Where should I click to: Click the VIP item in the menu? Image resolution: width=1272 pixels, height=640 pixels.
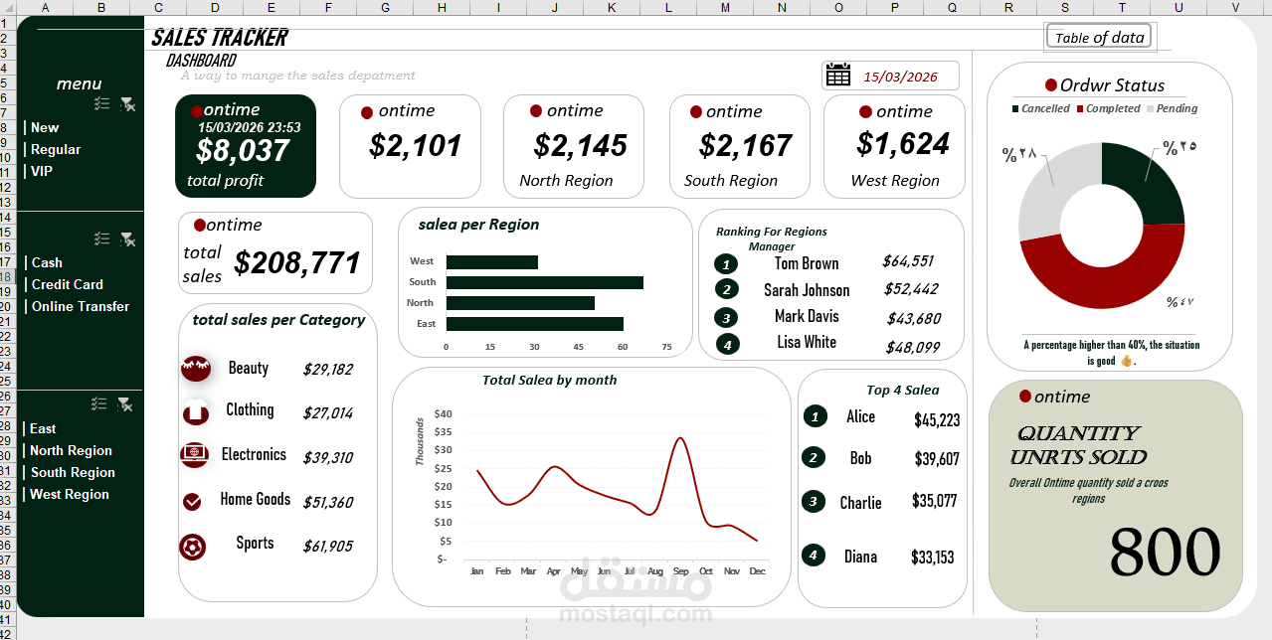coord(42,171)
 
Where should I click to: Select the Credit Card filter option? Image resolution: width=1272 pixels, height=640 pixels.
coord(67,284)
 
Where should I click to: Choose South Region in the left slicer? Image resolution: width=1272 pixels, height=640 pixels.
coord(73,472)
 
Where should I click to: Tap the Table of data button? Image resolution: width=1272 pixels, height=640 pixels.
coord(1098,38)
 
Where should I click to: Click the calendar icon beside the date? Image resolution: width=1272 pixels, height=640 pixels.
coord(838,76)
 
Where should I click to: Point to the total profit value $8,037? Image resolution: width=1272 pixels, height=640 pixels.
coord(243,151)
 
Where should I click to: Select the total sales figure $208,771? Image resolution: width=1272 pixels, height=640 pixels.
coord(297,263)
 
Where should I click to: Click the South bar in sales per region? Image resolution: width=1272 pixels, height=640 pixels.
coord(544,282)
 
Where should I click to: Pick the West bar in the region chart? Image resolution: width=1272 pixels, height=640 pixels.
coord(491,262)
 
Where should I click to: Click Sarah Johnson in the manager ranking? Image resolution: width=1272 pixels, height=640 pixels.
coord(807,290)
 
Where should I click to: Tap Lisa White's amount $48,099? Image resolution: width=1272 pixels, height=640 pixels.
coord(912,347)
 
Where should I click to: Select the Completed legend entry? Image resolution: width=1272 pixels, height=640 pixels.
coord(1108,108)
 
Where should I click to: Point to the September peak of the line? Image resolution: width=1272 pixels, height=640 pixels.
coord(680,438)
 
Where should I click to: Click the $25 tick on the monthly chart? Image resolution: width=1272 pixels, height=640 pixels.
coord(443,486)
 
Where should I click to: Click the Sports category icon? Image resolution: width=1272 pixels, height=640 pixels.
coord(193,546)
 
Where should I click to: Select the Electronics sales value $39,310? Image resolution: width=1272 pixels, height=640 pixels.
coord(327,457)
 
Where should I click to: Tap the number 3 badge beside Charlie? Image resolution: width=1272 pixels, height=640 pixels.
coord(815,501)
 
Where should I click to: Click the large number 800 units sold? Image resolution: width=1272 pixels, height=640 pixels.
coord(1164,552)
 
